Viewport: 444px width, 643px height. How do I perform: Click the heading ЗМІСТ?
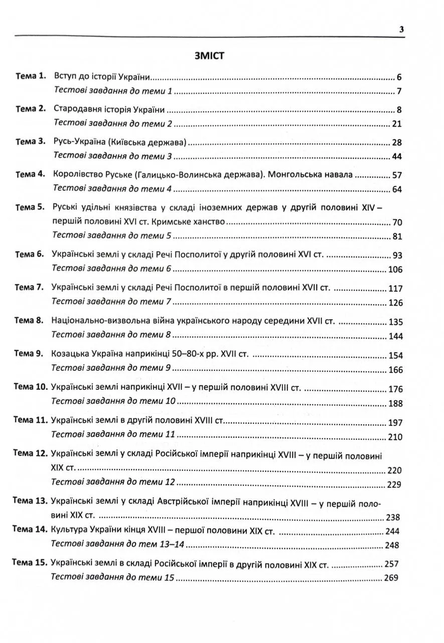coord(210,56)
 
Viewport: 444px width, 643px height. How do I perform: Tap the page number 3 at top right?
coord(401,30)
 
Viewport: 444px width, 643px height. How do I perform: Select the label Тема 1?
coord(31,76)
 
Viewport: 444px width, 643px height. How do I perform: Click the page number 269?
coord(390,577)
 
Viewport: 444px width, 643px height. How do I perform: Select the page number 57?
coord(397,175)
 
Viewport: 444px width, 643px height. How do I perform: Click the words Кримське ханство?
coord(199,222)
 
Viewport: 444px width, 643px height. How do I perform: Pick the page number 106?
coord(395,270)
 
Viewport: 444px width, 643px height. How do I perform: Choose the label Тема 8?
coord(30,320)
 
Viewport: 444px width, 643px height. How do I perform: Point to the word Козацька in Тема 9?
coord(68,354)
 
